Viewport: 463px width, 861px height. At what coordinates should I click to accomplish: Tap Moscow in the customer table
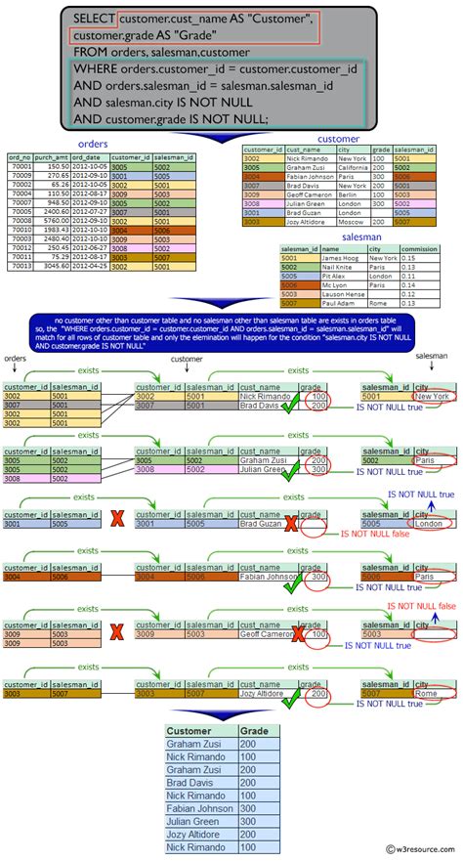pyautogui.click(x=350, y=222)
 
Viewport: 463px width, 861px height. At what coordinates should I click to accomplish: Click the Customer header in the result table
pyautogui.click(x=189, y=731)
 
